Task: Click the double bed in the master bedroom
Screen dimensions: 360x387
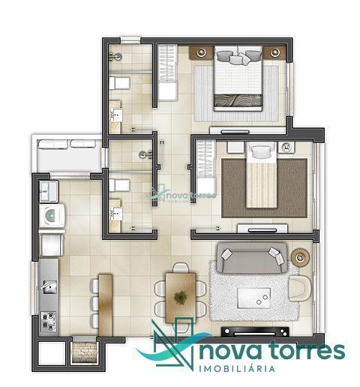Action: tap(238, 78)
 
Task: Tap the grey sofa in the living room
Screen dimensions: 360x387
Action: tap(252, 257)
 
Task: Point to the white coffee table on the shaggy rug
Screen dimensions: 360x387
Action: tap(254, 298)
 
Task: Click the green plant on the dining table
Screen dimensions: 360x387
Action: tap(180, 298)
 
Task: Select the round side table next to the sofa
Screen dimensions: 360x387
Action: tap(300, 257)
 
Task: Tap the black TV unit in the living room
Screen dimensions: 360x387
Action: tap(255, 331)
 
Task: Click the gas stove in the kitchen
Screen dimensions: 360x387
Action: tap(49, 322)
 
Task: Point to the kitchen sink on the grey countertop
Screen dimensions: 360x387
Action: tap(49, 287)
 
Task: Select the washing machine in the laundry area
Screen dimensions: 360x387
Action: tap(52, 216)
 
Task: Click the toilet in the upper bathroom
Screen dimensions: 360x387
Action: tap(119, 83)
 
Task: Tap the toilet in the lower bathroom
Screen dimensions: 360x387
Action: tap(119, 185)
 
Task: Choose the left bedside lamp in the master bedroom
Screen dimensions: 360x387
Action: tap(201, 52)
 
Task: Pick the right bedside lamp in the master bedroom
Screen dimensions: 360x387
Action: tap(274, 52)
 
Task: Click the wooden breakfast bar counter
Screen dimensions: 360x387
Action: tap(105, 305)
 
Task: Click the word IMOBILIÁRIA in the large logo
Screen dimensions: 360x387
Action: tap(237, 369)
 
